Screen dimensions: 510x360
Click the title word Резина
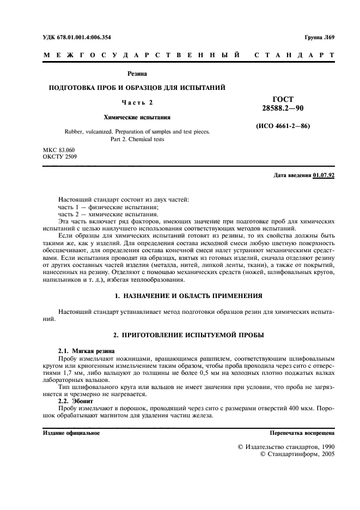click(x=137, y=73)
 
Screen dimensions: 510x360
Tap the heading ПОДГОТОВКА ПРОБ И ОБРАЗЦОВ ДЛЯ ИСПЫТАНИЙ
click(x=137, y=88)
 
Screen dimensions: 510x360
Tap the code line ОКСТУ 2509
click(x=59, y=157)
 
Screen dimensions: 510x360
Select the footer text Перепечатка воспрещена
click(x=302, y=433)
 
